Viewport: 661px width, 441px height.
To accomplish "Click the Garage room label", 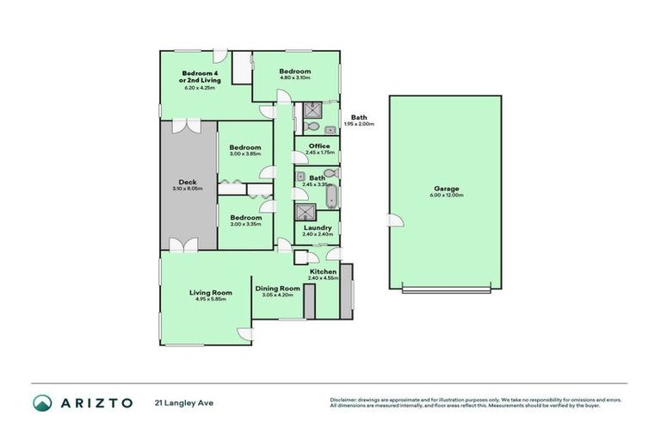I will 446,189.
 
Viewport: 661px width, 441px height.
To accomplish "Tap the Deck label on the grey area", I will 187,182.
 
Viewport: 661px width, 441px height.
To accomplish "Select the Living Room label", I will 210,293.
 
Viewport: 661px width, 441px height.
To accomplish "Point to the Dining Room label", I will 277,288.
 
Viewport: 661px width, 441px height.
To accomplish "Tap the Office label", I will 318,146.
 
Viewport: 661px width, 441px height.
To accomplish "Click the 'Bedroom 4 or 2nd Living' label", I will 198,77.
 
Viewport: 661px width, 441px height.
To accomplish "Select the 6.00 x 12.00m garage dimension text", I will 446,196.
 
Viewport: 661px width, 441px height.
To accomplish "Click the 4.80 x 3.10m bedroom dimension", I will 293,78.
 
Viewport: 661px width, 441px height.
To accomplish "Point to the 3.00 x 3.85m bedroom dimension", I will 244,153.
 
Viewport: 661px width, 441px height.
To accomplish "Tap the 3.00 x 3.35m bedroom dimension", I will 244,224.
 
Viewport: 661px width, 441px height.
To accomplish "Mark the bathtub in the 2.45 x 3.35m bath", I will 332,194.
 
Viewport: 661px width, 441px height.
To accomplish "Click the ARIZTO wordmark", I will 95,402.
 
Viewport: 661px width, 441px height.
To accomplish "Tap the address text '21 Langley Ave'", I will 182,402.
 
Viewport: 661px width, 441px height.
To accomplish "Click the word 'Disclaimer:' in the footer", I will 343,400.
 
